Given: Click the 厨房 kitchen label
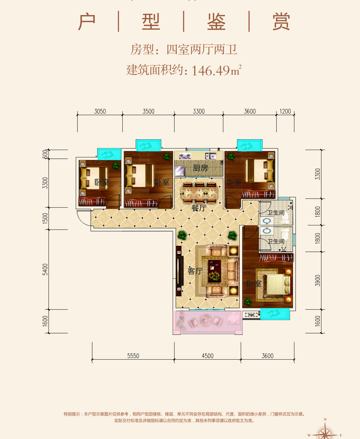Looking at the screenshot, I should tap(200, 168).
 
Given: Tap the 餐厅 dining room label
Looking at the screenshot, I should tap(199, 208).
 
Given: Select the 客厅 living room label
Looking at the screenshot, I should tap(195, 271).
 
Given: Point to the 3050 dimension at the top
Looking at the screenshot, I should tap(100, 111).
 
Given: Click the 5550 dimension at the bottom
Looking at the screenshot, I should tap(133, 356).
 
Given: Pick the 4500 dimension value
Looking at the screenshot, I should tap(207, 356).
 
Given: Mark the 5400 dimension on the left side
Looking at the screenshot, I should tap(45, 270).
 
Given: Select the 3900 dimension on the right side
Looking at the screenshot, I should tap(318, 280).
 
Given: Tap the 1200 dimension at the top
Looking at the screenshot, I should tap(285, 111).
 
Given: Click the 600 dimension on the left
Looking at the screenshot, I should tap(45, 154).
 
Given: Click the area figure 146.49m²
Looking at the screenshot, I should tap(216, 70).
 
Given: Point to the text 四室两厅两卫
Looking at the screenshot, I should tap(202, 50).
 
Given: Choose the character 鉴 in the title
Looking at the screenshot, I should tap(216, 22).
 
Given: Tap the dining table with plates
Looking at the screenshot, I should tap(199, 193).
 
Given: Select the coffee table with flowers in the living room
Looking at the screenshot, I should tap(214, 271).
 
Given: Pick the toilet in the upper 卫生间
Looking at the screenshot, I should tap(285, 218).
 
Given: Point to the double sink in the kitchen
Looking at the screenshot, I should tap(211, 156).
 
